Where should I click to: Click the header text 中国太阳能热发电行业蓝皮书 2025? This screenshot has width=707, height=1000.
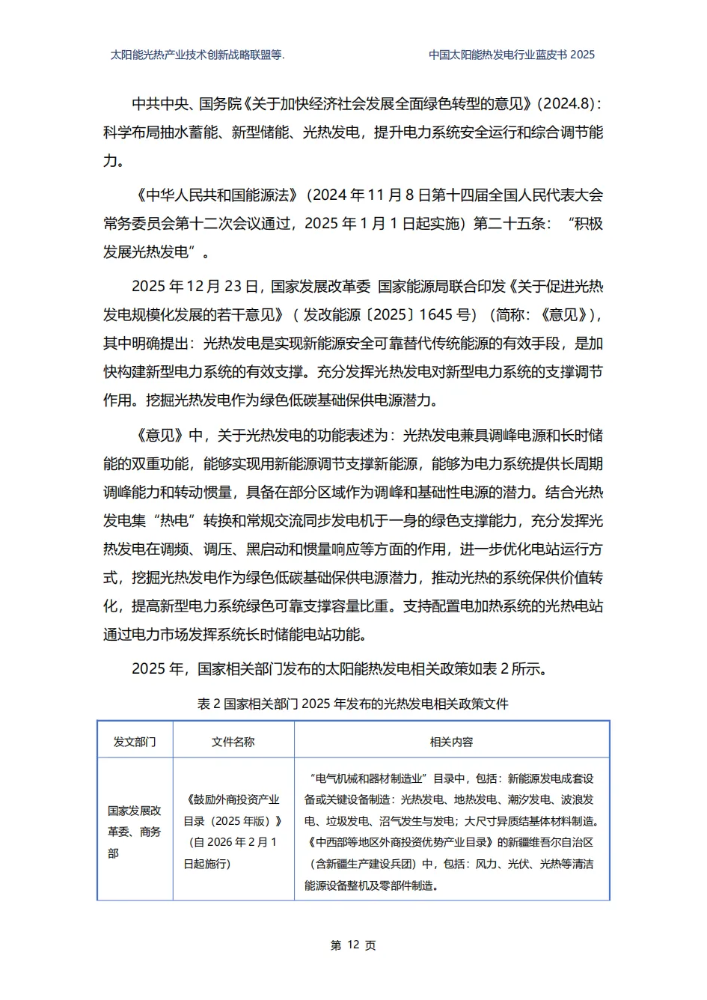click(x=512, y=55)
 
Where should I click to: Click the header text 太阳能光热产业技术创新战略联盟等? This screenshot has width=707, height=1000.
click(x=198, y=55)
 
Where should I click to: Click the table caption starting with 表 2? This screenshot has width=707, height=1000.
click(x=352, y=704)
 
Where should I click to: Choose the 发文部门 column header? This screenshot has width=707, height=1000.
click(x=135, y=742)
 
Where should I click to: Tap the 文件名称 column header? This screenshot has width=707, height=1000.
click(x=233, y=742)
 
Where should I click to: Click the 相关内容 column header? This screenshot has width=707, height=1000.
click(x=451, y=742)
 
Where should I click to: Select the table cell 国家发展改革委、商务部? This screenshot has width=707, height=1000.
click(x=135, y=832)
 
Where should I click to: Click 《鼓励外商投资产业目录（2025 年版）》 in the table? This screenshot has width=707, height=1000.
click(x=233, y=810)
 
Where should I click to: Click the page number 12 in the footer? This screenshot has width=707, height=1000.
click(x=354, y=945)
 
